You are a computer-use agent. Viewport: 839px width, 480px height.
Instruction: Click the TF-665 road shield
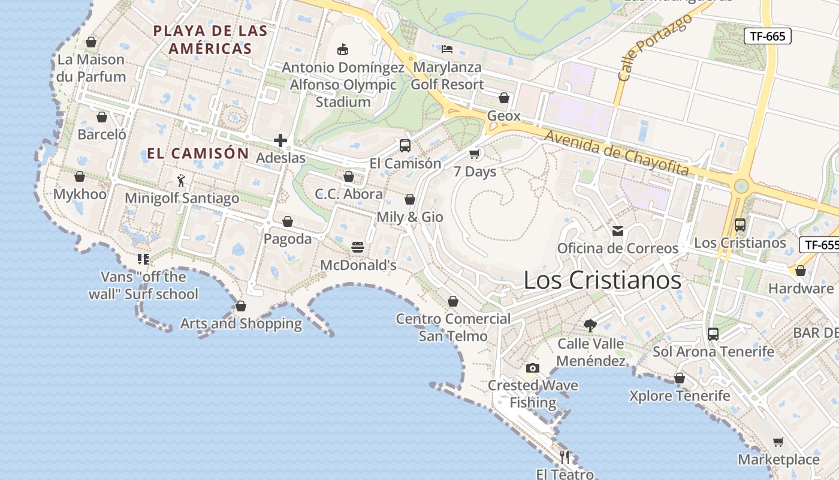coord(768,36)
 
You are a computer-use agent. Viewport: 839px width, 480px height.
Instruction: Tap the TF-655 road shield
coord(820,245)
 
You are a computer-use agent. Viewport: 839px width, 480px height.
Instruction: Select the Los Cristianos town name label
coord(602,280)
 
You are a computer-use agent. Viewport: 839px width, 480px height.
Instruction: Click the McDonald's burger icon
coord(358,247)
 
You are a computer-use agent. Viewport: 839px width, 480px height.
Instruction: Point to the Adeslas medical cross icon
coord(280,140)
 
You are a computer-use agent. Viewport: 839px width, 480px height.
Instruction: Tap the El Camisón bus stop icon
coord(405,146)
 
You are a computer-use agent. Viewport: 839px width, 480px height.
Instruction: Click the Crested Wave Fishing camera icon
coord(532,368)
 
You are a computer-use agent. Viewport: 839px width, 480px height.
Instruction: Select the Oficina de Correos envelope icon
coord(618,230)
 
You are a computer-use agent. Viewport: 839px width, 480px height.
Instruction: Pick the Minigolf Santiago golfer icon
coord(181,180)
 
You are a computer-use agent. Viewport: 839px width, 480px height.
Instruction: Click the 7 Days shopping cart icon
coord(475,154)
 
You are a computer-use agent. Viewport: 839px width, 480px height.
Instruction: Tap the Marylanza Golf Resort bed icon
coord(447,49)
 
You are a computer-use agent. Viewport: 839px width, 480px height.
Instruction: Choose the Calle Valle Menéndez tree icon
coord(590,326)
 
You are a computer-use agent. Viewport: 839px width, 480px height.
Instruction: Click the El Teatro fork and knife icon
coord(565,457)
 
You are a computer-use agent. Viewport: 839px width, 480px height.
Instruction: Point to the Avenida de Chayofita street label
coord(617,154)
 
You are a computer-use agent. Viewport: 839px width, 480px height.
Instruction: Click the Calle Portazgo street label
coord(654,48)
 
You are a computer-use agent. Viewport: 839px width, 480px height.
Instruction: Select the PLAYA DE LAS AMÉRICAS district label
coord(209,40)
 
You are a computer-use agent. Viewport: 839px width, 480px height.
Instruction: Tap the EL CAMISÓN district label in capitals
coord(198,154)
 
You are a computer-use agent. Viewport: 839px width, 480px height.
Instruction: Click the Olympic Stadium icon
coord(343,49)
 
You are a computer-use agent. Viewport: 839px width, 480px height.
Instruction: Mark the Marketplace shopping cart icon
coord(778,442)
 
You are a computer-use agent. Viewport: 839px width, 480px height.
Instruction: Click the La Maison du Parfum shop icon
coord(91,42)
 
